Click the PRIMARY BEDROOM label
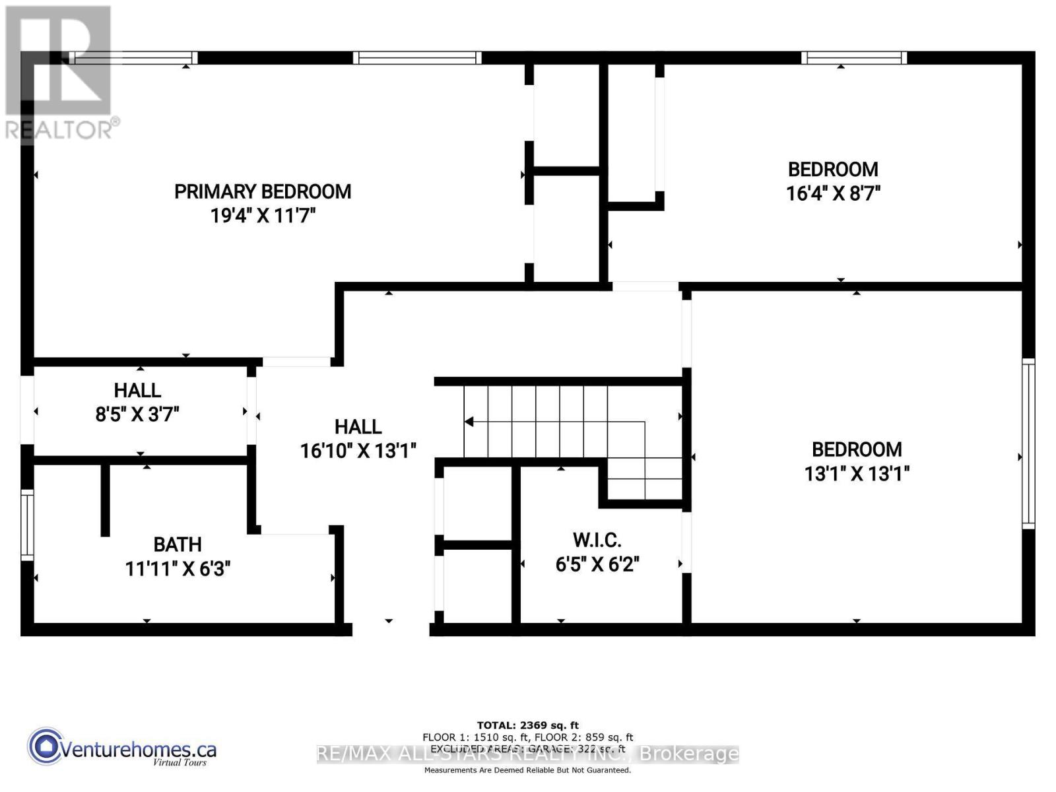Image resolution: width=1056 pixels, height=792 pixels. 263,191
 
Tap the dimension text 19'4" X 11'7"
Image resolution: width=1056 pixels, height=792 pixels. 263,216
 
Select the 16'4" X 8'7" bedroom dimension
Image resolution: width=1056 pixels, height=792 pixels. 833,193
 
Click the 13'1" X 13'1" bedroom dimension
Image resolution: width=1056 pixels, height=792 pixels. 857,474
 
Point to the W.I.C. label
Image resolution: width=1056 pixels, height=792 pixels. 597,540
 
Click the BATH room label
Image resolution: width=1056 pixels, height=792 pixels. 178,544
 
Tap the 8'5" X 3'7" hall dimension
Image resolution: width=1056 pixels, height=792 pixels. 137,414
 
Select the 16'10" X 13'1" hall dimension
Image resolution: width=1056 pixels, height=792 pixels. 358,451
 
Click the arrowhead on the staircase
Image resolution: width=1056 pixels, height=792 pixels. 469,422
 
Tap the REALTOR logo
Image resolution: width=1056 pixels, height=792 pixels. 59,73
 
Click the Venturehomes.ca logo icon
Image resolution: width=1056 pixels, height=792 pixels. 45,746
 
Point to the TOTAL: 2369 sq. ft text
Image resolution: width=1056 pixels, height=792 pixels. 528,725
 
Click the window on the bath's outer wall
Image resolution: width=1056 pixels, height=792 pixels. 27,525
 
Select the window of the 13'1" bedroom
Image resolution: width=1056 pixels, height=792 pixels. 1028,443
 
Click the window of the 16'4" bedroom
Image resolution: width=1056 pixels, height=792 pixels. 853,58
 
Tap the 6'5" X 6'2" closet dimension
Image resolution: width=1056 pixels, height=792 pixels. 597,565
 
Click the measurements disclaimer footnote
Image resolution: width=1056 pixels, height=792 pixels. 527,770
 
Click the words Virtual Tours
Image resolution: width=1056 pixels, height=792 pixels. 180,762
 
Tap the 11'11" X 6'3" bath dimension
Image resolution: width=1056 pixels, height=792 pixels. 178,569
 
